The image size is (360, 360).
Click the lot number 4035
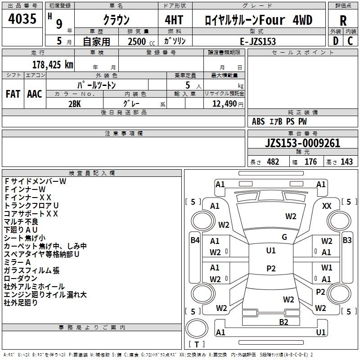point(22,19)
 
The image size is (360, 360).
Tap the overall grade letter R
point(343,21)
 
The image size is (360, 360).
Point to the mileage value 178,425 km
point(53,64)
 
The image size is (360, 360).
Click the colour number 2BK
point(74,103)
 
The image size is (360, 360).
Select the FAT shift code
point(13,94)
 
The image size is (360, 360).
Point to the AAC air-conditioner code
point(34,94)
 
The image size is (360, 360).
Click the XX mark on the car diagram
point(327,206)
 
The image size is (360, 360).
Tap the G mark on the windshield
point(284,237)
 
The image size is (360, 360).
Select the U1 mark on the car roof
point(271,250)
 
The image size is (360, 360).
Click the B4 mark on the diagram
point(195,240)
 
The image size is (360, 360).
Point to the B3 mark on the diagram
point(347,240)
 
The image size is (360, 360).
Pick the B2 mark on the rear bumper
point(283,322)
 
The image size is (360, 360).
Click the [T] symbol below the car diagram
point(196,344)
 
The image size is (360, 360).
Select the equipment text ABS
point(258,121)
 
